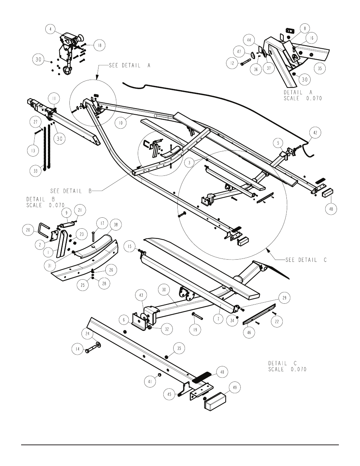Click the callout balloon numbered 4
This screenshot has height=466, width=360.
[x=51, y=29]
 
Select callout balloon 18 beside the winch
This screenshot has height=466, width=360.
[x=99, y=45]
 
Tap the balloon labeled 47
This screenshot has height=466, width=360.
[x=239, y=52]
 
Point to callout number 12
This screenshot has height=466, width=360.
[x=232, y=63]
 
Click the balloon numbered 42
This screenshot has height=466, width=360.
[x=315, y=133]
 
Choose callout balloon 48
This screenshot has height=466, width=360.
[x=331, y=208]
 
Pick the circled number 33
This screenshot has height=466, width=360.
[x=35, y=171]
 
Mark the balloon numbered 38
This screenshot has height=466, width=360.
[x=116, y=225]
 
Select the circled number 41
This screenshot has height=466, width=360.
[x=150, y=381]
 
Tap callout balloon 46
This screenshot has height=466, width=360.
[x=249, y=332]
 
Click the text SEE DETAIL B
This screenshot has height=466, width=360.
[x=71, y=191]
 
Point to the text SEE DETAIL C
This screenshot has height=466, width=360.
[x=306, y=260]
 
